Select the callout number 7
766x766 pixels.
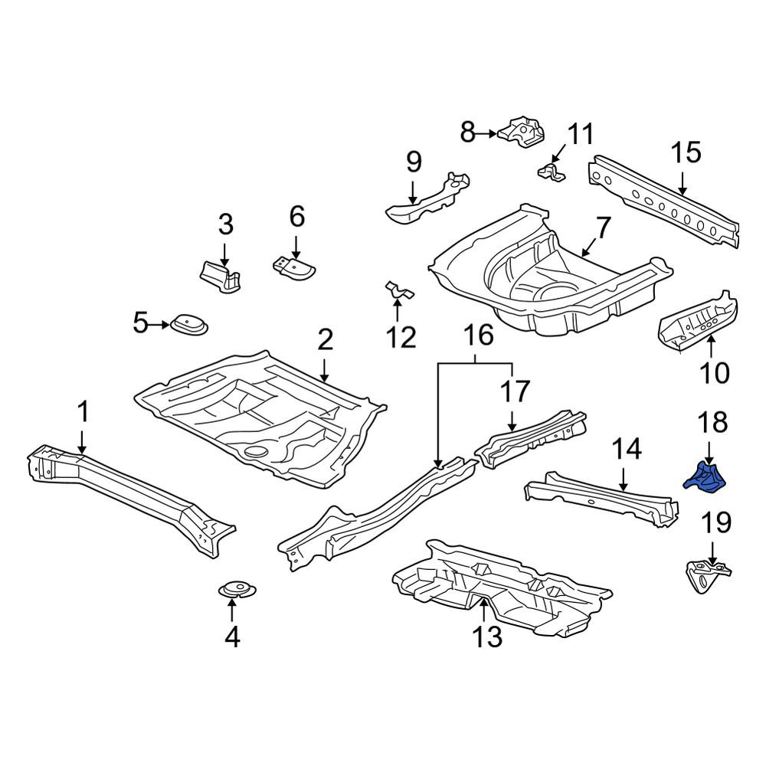pyautogui.click(x=604, y=228)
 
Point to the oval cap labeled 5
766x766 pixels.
pyautogui.click(x=189, y=324)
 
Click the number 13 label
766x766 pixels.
pyautogui.click(x=487, y=636)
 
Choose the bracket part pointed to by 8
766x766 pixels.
pyautogui.click(x=521, y=131)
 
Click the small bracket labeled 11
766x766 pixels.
pyautogui.click(x=552, y=172)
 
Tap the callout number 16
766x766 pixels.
pyautogui.click(x=478, y=336)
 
